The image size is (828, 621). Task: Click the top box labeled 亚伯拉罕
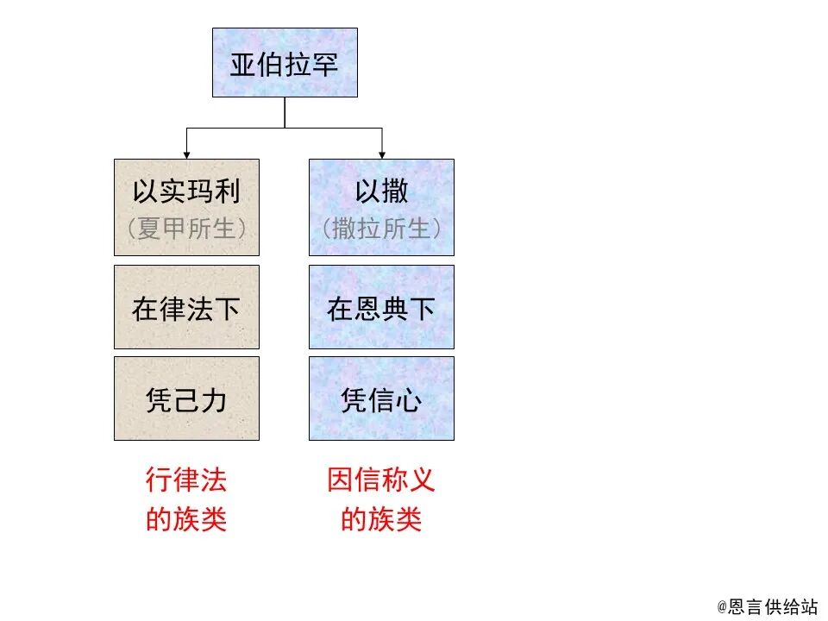[x=285, y=62]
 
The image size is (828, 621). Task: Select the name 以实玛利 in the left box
[x=186, y=191]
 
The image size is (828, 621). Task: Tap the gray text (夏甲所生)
[x=186, y=229]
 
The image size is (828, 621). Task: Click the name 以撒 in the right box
[x=381, y=191]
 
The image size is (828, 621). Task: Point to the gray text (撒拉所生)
[x=381, y=229]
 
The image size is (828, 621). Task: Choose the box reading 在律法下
[x=186, y=307]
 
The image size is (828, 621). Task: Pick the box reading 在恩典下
[x=381, y=307]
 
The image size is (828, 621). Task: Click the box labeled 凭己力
[x=186, y=398]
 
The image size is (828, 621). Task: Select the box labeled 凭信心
[x=381, y=398]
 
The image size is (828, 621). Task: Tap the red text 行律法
[x=186, y=480]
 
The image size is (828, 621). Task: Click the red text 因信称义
[x=381, y=480]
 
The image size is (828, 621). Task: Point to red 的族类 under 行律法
[x=186, y=520]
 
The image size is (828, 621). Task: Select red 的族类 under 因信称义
[x=381, y=520]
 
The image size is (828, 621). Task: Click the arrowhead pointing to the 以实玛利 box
[x=186, y=154]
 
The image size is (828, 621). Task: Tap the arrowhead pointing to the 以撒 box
[x=382, y=154]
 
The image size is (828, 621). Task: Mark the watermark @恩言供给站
[x=767, y=607]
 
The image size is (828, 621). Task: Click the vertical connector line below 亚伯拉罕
[x=285, y=112]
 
